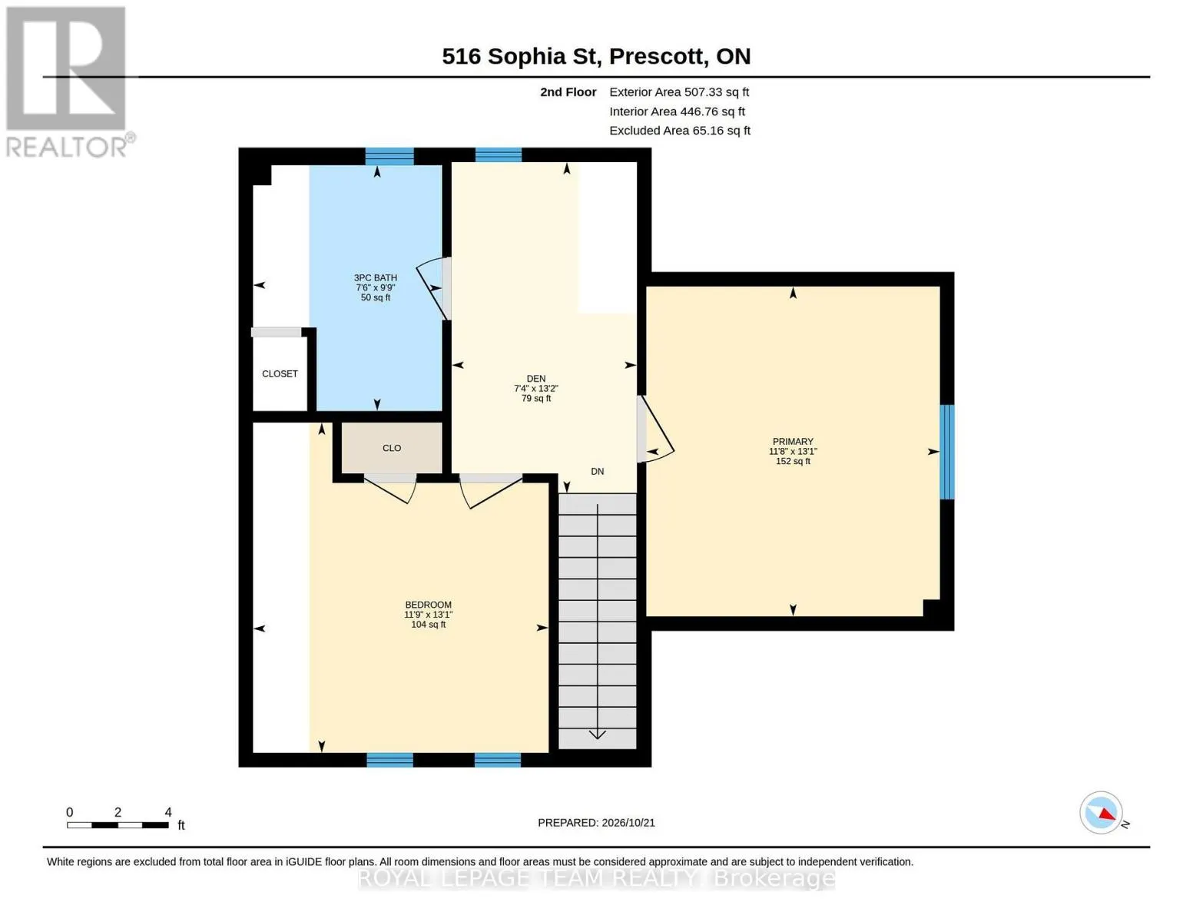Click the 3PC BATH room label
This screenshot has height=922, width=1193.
[376, 278]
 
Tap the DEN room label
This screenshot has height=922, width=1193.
[536, 379]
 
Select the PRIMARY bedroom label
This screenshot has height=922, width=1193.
[793, 442]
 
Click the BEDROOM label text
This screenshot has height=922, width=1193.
[428, 605]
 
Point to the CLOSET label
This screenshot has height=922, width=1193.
[280, 374]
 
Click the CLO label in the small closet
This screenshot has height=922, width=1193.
[392, 448]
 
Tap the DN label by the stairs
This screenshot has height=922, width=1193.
[598, 471]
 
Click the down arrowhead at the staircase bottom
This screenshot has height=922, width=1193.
[598, 735]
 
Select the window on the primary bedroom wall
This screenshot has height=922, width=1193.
[947, 452]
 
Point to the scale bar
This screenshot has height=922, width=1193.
[118, 825]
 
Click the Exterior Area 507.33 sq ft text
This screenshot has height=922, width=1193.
[679, 92]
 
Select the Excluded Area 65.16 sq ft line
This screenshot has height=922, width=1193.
[680, 131]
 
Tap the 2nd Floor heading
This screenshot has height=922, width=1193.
[568, 92]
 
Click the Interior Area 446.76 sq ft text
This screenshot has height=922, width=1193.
[677, 111]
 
